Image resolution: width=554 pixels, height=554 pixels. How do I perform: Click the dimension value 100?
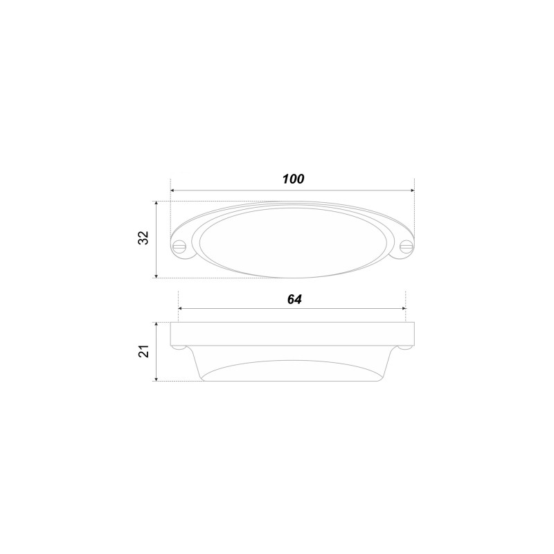click(x=293, y=179)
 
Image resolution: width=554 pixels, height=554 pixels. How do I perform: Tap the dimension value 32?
click(x=144, y=238)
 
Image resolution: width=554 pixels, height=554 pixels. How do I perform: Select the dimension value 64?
click(x=294, y=299)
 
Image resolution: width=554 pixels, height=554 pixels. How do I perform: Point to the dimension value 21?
click(x=144, y=352)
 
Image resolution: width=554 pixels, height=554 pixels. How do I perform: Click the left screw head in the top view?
click(x=180, y=246)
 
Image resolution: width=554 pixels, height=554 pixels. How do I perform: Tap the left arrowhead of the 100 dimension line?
click(x=172, y=190)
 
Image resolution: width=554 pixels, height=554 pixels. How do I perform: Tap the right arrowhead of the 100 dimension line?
click(x=412, y=190)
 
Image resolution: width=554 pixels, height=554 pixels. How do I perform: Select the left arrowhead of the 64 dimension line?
click(x=181, y=308)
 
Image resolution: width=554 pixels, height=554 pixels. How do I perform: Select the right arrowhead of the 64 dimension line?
click(x=404, y=308)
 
